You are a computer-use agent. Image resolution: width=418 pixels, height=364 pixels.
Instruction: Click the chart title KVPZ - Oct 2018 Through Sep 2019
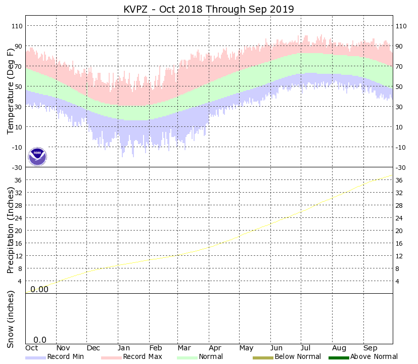pyautogui.click(x=209, y=10)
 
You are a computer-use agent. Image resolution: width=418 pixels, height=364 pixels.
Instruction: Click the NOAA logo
pyautogui.click(x=37, y=157)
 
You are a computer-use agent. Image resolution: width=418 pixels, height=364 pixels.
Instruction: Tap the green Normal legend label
pyautogui.click(x=211, y=357)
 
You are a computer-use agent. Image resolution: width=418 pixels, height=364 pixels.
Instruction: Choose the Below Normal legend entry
pyautogui.click(x=298, y=357)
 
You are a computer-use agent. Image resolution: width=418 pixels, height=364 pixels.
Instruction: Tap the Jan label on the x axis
pyautogui.click(x=124, y=348)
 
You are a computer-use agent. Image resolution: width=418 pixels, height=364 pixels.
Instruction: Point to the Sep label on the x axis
pyautogui.click(x=370, y=348)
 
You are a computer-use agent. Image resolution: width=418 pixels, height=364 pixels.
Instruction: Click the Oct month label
pyautogui.click(x=32, y=348)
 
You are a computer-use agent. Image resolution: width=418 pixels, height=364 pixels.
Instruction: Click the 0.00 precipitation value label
pyautogui.click(x=39, y=289)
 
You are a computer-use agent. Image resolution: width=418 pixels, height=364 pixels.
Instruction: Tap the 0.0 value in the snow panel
pyautogui.click(x=40, y=340)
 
